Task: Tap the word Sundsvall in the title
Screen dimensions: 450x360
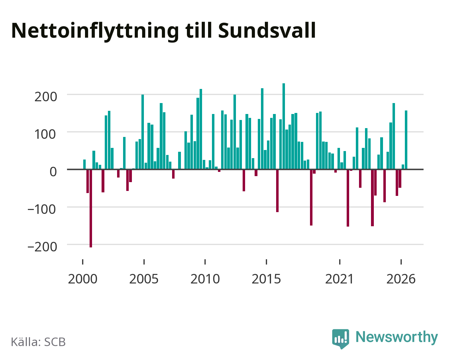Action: [x=267, y=30]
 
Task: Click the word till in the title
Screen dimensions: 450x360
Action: [x=199, y=30]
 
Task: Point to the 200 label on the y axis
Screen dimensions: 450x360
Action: [x=45, y=97]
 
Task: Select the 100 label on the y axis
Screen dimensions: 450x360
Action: [x=45, y=134]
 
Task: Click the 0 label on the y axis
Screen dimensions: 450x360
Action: [x=53, y=172]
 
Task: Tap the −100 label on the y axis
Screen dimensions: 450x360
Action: [x=42, y=209]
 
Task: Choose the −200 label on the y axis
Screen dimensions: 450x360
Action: [x=42, y=247]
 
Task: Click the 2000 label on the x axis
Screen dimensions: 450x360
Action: [x=83, y=279]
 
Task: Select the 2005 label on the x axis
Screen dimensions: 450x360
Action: [x=144, y=279]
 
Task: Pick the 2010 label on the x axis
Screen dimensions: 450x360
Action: [x=205, y=279]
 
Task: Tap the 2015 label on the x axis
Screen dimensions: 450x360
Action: [x=266, y=279]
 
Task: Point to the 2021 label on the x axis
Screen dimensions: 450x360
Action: [x=340, y=279]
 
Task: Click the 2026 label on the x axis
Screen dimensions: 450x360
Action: [x=401, y=279]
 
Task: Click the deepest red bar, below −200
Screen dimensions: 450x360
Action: [x=91, y=208]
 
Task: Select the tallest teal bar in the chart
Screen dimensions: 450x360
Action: [x=284, y=126]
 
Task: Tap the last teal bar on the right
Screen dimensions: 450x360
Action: [x=406, y=140]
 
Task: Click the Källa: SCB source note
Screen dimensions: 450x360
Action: [x=38, y=342]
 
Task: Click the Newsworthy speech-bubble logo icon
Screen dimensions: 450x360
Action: [x=340, y=339]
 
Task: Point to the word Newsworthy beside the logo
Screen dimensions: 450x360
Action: [x=397, y=337]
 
